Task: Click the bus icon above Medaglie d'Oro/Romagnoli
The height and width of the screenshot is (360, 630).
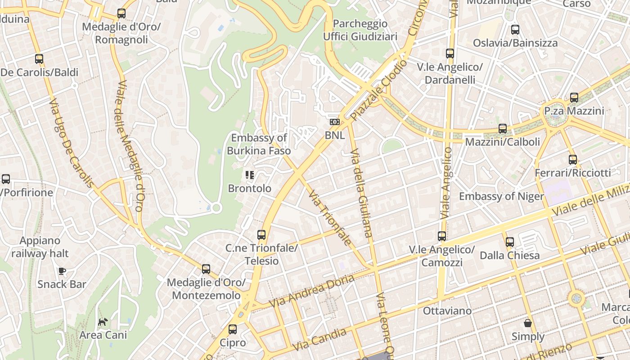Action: pyautogui.click(x=121, y=13)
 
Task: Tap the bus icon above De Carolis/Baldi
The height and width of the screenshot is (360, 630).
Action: pyautogui.click(x=39, y=59)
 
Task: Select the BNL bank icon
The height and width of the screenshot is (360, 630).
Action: pyautogui.click(x=334, y=122)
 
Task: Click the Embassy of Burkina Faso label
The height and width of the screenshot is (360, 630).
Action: pyautogui.click(x=259, y=144)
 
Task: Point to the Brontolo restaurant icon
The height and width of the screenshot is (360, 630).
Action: pyautogui.click(x=249, y=175)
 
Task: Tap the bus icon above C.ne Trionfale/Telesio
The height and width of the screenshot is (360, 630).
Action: pyautogui.click(x=261, y=234)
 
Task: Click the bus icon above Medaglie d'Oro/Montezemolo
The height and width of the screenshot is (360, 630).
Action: pyautogui.click(x=206, y=269)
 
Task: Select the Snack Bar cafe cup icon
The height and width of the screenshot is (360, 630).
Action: pyautogui.click(x=62, y=271)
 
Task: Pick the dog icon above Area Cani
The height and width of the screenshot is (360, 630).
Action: pyautogui.click(x=103, y=322)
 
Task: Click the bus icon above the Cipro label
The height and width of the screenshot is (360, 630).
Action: pyautogui.click(x=233, y=329)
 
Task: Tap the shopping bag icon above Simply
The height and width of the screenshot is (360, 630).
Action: pyautogui.click(x=528, y=323)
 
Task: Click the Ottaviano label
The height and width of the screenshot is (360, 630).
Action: pyautogui.click(x=447, y=310)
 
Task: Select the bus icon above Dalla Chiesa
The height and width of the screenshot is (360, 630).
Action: pyautogui.click(x=509, y=242)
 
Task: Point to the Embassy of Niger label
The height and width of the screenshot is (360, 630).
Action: pyautogui.click(x=501, y=196)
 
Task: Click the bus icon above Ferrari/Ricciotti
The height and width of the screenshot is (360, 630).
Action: pyautogui.click(x=572, y=159)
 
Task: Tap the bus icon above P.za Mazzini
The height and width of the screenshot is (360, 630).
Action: pyautogui.click(x=574, y=98)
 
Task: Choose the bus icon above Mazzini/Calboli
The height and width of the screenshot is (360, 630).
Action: pyautogui.click(x=503, y=129)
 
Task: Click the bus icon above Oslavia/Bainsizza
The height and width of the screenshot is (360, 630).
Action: pyautogui.click(x=515, y=30)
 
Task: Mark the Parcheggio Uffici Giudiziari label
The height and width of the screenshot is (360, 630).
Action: pyautogui.click(x=360, y=30)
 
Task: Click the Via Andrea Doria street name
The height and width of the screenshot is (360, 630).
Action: pyautogui.click(x=311, y=291)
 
